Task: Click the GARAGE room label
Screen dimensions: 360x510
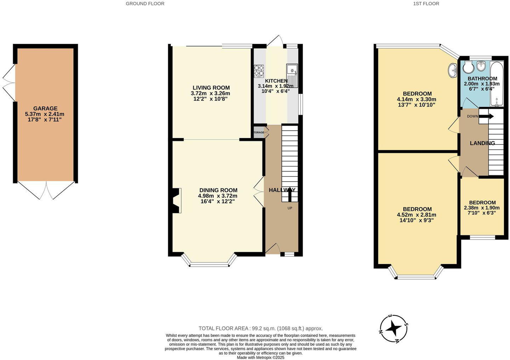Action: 45,108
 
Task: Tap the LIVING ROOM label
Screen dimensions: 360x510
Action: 211,88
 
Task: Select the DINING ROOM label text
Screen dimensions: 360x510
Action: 218,190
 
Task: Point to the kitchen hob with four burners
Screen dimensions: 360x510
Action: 259,71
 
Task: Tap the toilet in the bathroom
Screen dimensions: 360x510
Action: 467,66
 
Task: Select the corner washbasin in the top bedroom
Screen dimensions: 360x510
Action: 453,70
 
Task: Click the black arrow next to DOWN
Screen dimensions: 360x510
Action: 487,116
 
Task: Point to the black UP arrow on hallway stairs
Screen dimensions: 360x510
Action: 289,194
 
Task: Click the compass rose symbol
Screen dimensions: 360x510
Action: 393,329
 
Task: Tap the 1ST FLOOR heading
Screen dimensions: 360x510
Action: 426,4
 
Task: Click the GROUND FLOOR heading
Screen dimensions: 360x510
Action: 145,4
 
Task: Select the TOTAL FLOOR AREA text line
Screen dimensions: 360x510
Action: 261,328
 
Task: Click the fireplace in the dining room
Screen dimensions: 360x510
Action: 176,201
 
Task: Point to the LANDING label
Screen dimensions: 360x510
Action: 482,143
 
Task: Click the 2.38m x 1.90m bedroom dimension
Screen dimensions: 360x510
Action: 482,208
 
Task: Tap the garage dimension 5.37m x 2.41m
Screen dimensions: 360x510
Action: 45,114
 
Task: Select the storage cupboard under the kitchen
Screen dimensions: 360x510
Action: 259,132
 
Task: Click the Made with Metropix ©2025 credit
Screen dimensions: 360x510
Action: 261,358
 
